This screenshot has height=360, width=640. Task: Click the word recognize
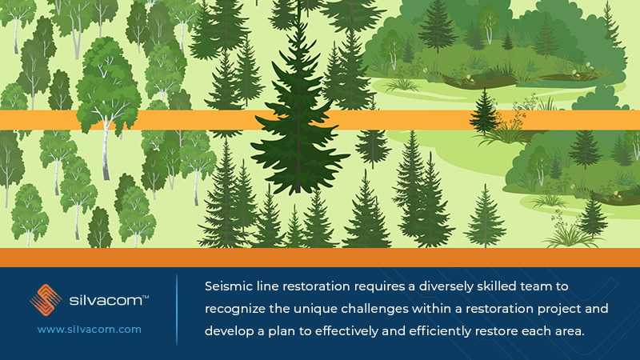(238, 308)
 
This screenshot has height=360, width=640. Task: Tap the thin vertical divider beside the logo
(177, 309)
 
